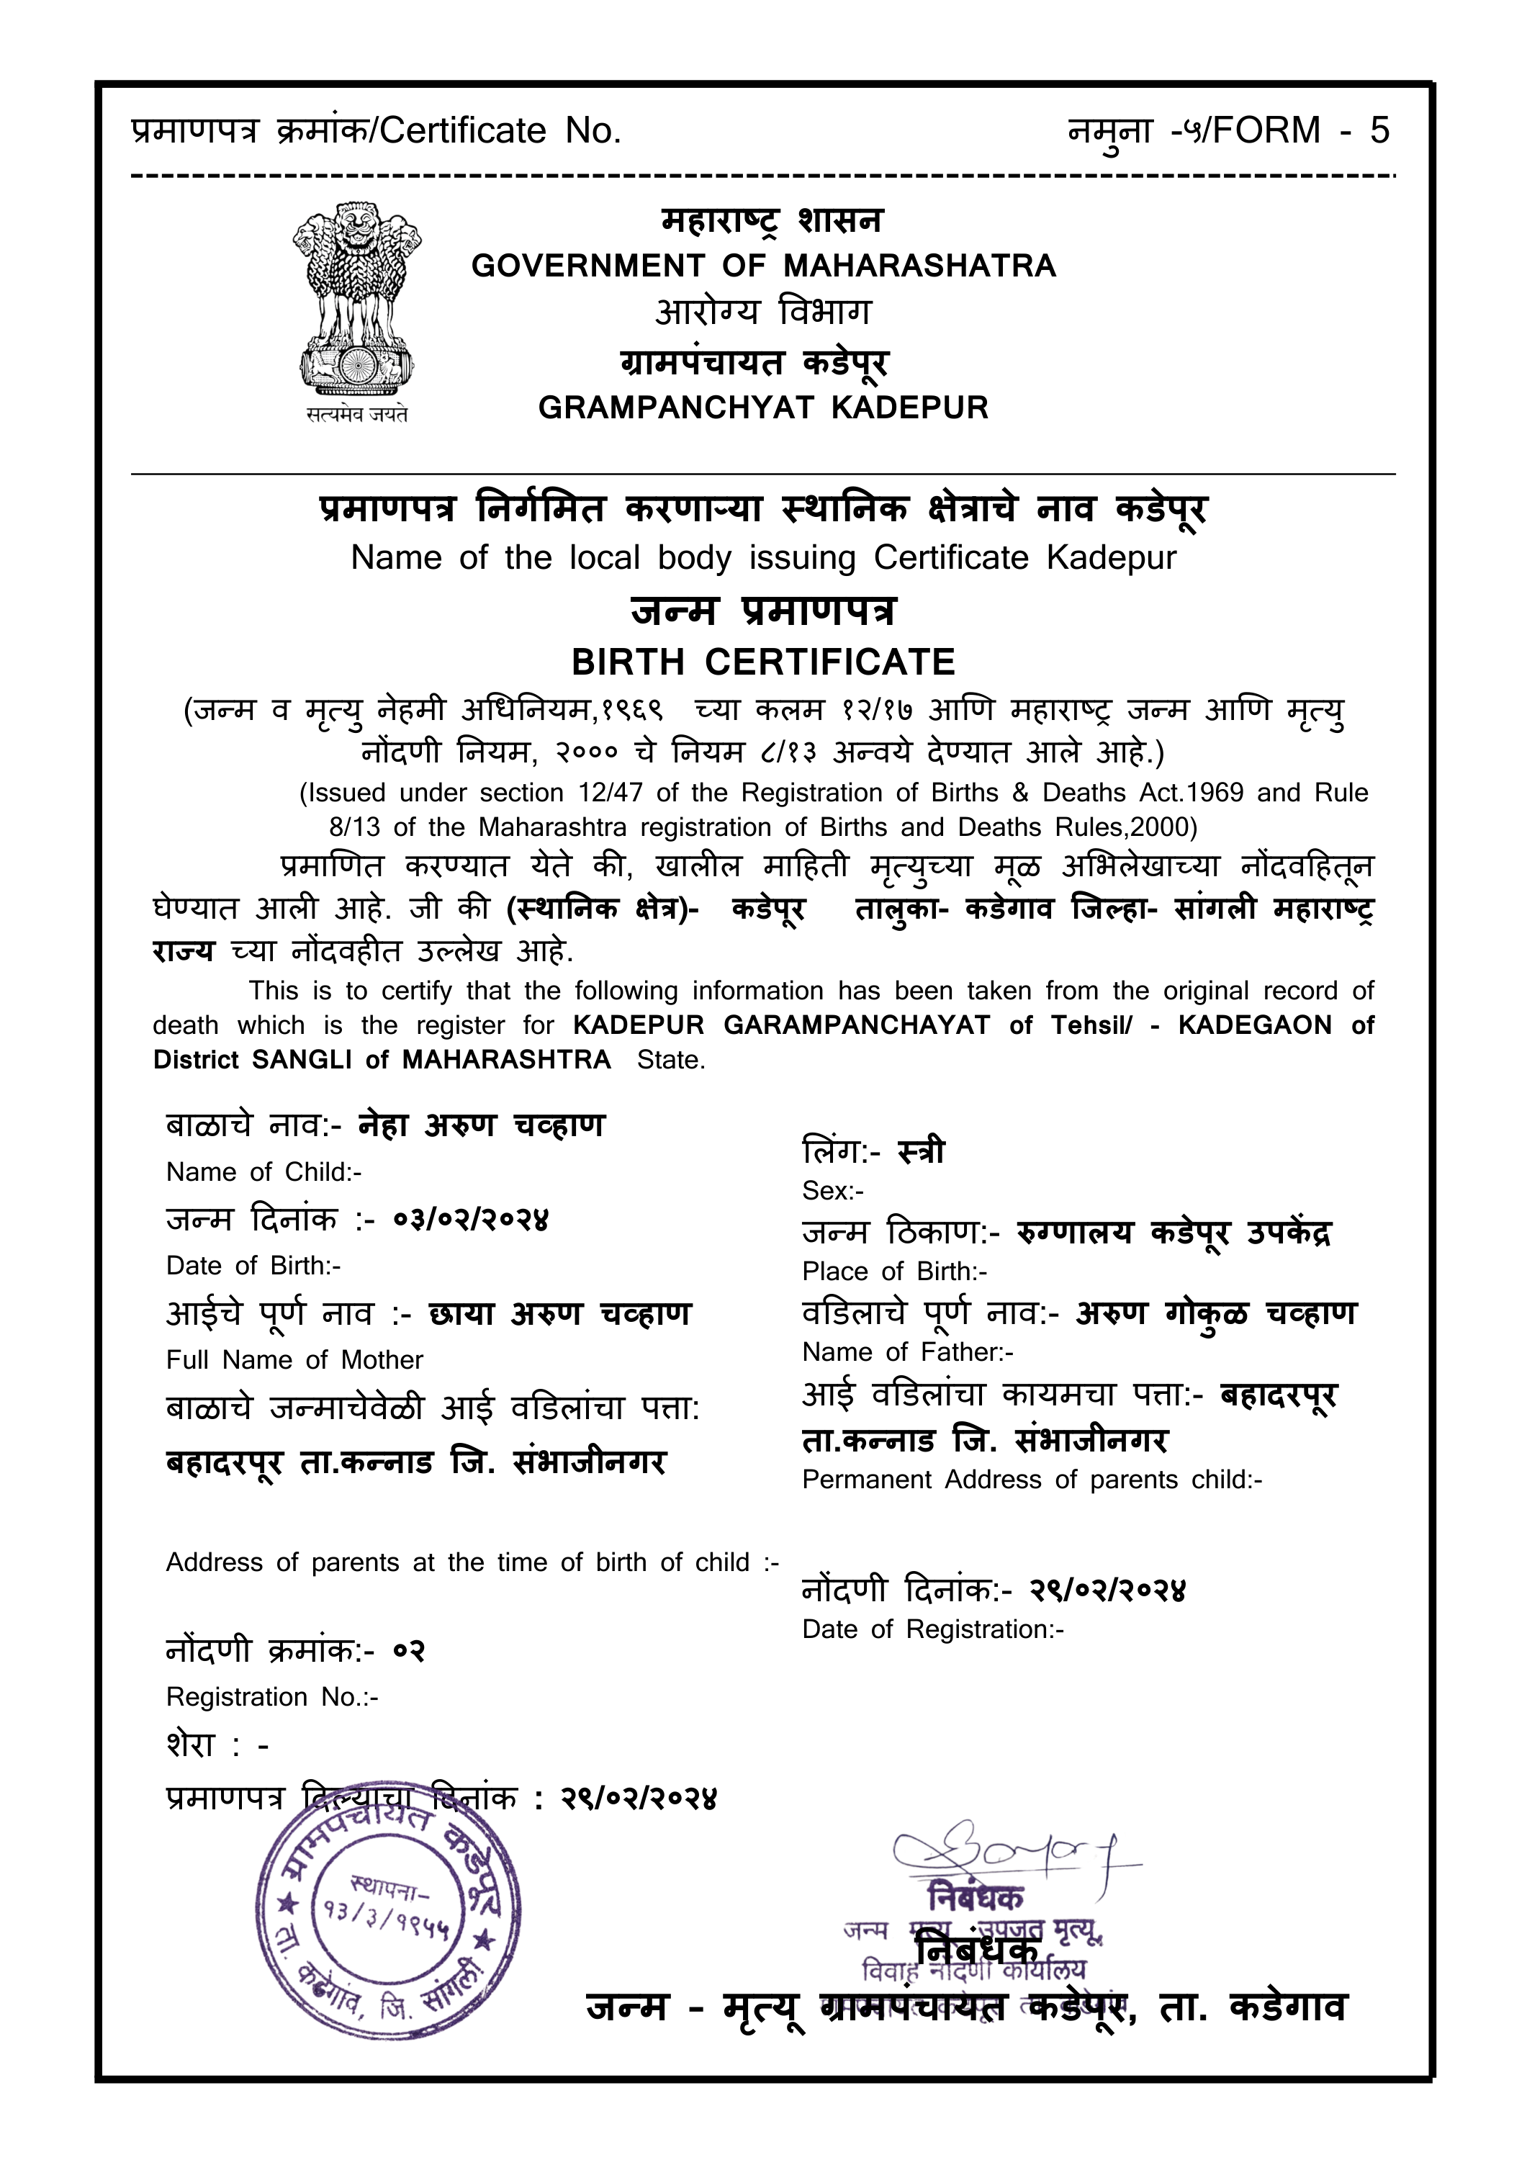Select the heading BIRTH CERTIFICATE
click(763, 662)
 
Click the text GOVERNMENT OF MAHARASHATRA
click(763, 266)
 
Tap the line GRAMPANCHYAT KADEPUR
click(763, 408)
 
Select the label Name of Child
click(263, 1172)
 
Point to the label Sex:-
click(833, 1191)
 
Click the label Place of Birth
click(893, 1272)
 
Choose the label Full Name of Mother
click(294, 1360)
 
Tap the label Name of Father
click(907, 1353)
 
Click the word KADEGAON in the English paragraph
click(1254, 1025)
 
